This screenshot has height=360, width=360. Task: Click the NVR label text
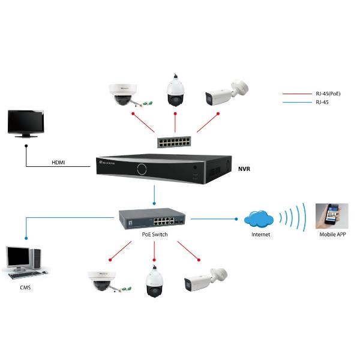tap(244, 170)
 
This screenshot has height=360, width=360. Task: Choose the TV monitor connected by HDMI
tap(25, 124)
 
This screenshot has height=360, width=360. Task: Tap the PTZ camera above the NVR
tap(175, 90)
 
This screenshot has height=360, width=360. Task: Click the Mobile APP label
tap(333, 235)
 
